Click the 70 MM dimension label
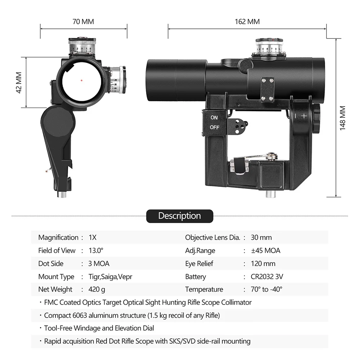tap(83, 22)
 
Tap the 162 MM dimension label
tap(247, 22)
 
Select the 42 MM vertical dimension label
tap(19, 82)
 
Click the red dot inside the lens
tap(82, 80)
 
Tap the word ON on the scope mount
tap(214, 117)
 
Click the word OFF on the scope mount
tap(215, 127)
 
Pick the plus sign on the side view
tap(304, 116)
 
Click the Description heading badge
tap(180, 216)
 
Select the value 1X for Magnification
tap(93, 238)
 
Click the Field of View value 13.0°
tap(96, 251)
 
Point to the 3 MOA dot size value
tap(99, 264)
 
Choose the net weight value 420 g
tap(97, 289)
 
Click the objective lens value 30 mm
tap(261, 238)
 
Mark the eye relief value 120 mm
tap(263, 264)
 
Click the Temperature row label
tap(204, 289)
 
